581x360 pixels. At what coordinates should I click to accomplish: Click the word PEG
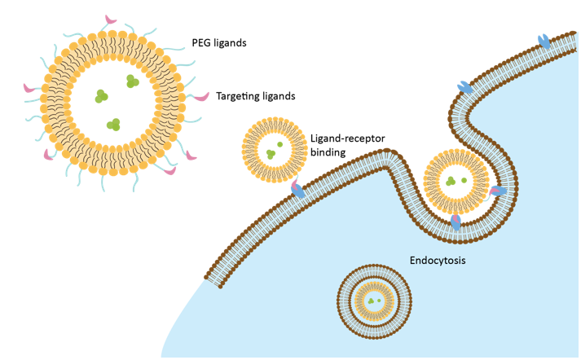[201, 42]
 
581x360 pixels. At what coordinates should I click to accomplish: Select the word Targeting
[240, 96]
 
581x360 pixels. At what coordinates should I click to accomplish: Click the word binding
[328, 151]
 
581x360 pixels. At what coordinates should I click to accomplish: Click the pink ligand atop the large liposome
[110, 18]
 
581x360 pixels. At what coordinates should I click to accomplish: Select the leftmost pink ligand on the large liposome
[29, 87]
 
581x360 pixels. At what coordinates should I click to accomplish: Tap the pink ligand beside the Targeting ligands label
[200, 98]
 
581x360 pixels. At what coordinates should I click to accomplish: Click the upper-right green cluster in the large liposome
[131, 80]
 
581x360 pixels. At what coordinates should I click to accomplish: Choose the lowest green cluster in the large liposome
[115, 125]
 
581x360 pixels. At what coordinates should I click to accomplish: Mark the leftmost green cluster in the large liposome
[100, 96]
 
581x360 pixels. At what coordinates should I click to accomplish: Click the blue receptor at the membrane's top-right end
[543, 40]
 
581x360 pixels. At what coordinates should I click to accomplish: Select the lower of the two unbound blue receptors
[464, 86]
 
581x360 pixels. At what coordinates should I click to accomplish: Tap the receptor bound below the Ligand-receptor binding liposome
[298, 191]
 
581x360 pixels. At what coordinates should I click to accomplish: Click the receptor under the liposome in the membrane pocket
[456, 221]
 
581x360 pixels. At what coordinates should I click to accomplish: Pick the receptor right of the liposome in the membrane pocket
[496, 191]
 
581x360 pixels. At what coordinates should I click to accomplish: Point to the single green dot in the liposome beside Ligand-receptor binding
[279, 145]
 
